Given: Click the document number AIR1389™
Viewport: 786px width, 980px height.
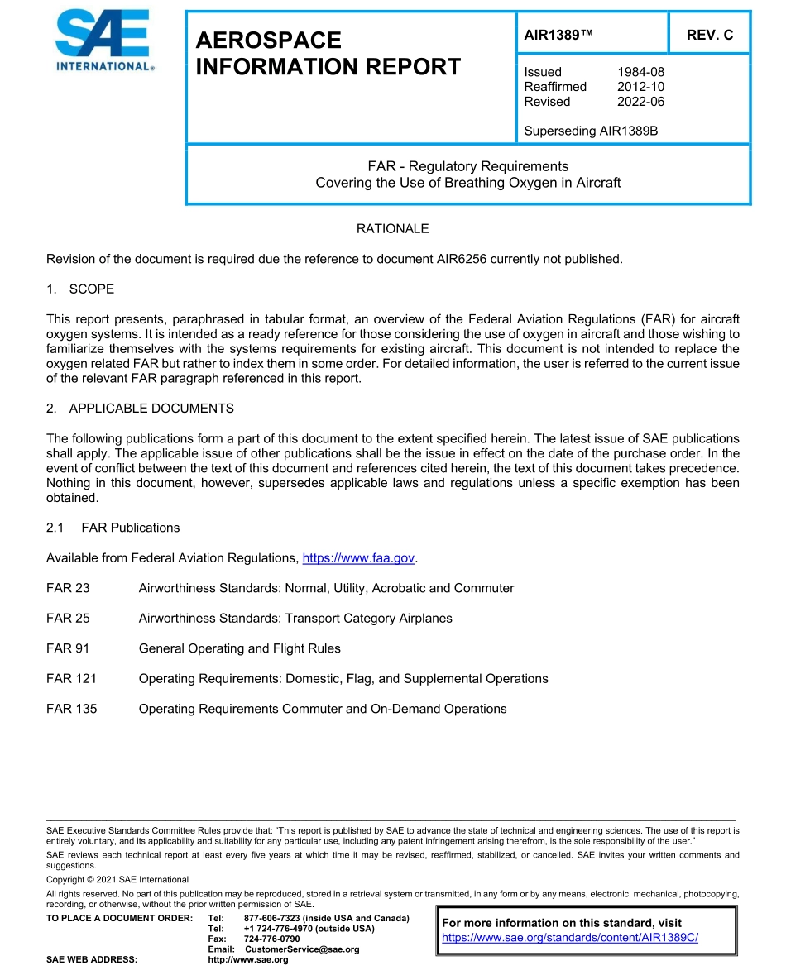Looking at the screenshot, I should (x=559, y=35).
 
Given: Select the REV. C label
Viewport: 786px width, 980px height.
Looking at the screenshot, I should (x=709, y=35).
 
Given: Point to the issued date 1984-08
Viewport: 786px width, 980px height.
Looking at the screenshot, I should (x=640, y=72).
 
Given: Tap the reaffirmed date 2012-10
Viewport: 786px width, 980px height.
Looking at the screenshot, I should (x=640, y=87).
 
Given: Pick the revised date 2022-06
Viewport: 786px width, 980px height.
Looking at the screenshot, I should (x=640, y=102).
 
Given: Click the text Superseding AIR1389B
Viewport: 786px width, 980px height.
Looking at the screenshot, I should (x=591, y=131).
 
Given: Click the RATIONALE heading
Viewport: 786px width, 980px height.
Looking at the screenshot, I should (x=392, y=228).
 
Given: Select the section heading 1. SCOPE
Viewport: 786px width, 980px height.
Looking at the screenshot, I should (x=80, y=289).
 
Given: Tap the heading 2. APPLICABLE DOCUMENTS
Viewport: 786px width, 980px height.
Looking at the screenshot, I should (x=140, y=409).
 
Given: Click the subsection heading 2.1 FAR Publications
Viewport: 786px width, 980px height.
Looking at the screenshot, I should (x=113, y=528).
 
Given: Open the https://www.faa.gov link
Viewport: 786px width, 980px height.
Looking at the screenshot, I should (x=358, y=558).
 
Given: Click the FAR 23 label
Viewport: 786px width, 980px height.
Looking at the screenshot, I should (x=68, y=588).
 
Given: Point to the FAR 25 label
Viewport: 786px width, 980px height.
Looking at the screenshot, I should (x=68, y=619).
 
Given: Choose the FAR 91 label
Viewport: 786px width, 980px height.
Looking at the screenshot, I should (x=68, y=648).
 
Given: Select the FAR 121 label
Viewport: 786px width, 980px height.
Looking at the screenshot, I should (x=71, y=679).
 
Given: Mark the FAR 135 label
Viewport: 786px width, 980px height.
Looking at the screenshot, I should (x=71, y=709).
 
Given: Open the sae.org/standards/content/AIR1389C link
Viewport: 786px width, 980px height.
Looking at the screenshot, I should (x=570, y=938).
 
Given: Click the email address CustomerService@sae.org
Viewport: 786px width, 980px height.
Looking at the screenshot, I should (x=302, y=949).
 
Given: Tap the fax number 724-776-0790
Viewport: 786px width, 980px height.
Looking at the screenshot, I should (x=271, y=939).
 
